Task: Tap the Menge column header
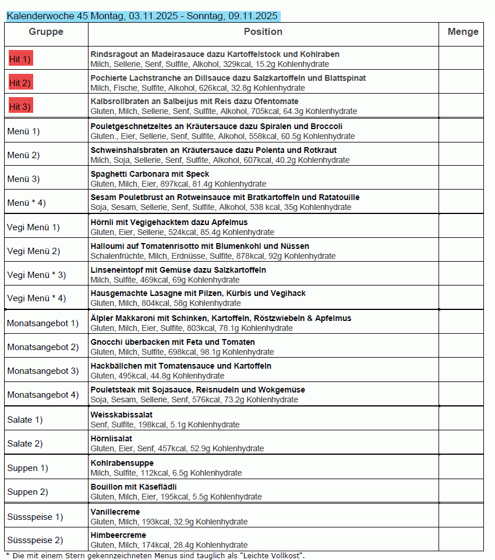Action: click(463, 32)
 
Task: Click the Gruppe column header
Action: click(46, 32)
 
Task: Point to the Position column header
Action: click(263, 32)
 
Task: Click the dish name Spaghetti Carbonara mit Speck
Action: click(150, 174)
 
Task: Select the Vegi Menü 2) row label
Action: click(34, 251)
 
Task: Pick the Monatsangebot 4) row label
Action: click(43, 395)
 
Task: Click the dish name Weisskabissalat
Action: click(122, 415)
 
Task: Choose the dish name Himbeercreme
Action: click(118, 535)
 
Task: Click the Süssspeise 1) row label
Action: click(35, 517)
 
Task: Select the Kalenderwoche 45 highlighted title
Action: click(143, 16)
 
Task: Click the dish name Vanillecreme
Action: click(115, 512)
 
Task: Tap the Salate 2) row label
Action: click(25, 444)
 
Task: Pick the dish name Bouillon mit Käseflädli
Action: click(133, 487)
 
